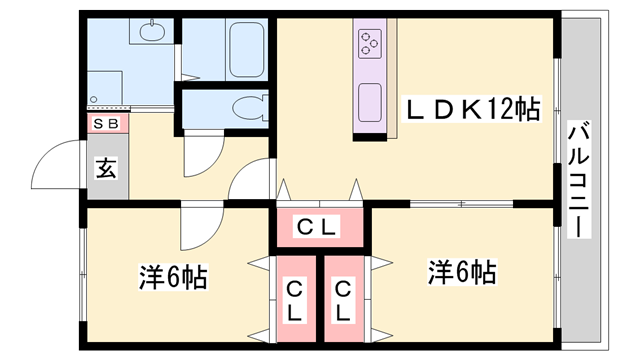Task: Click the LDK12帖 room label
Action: [x=472, y=109]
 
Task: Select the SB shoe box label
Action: [x=104, y=124]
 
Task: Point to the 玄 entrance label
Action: [x=105, y=167]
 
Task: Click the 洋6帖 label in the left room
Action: [x=172, y=276]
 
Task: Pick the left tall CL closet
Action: [x=295, y=300]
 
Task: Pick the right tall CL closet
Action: [x=343, y=300]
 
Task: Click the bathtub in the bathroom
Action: [x=246, y=47]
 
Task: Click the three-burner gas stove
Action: [x=369, y=43]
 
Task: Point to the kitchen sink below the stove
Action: [x=369, y=100]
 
